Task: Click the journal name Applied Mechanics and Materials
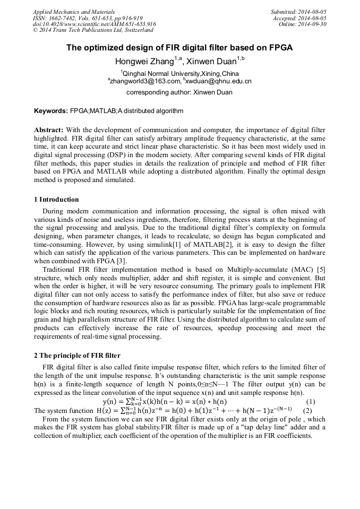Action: (67, 11)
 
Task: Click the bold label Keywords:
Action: (51, 111)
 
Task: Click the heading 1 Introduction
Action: (56, 200)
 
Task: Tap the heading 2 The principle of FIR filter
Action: (77, 355)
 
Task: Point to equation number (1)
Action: (311, 401)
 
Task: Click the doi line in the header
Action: (94, 24)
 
